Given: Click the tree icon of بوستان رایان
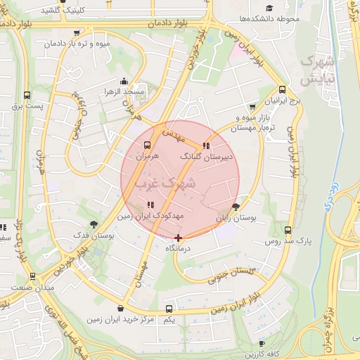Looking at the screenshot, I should [x=236, y=207].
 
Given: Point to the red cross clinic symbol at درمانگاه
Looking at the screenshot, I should [x=179, y=238].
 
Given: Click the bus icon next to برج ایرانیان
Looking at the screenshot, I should [x=282, y=89].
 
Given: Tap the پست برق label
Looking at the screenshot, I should [x=27, y=106].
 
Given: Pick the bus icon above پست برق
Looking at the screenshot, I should [x=27, y=94].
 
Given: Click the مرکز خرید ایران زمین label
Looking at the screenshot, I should [x=120, y=320].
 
